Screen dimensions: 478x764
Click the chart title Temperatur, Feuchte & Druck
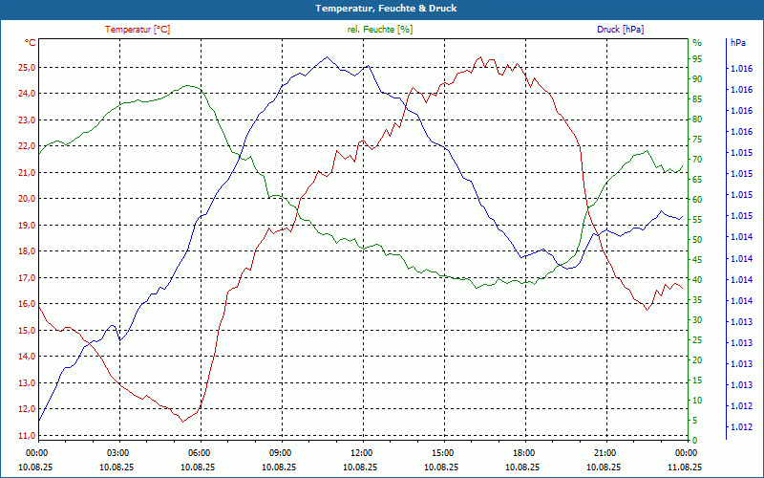pos(382,8)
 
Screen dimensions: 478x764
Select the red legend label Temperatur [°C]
pos(138,30)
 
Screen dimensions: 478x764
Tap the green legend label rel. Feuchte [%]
pos(380,30)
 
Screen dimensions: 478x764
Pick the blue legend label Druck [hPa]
pos(620,30)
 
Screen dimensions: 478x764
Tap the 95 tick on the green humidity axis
pos(697,59)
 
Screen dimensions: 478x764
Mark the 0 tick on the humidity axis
pos(694,441)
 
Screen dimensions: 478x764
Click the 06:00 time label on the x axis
pos(199,453)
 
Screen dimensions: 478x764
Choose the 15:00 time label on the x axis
pos(442,453)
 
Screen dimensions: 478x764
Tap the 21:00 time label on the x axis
pos(605,453)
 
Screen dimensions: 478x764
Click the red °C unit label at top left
pos(31,43)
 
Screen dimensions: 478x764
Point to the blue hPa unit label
pos(738,43)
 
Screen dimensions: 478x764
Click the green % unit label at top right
pos(697,43)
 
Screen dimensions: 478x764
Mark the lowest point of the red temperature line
pos(182,422)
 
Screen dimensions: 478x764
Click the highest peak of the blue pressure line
pos(327,57)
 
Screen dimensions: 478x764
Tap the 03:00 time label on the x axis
pos(117,453)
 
